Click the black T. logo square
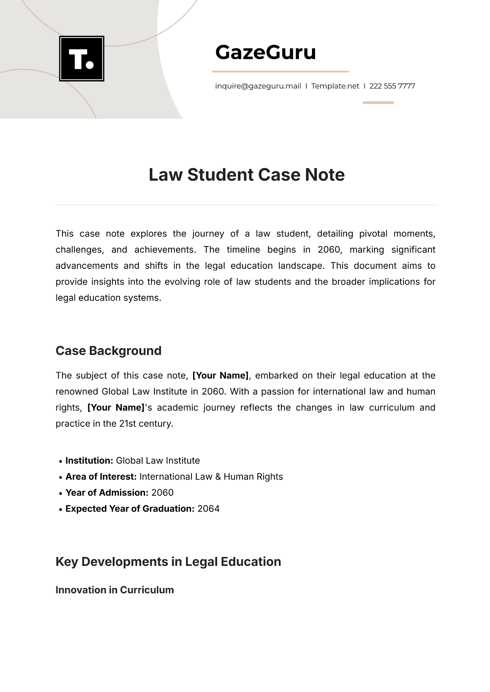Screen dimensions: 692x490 click(x=82, y=58)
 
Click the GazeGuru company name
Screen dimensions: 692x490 click(x=265, y=52)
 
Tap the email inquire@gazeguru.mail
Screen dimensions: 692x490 click(x=258, y=86)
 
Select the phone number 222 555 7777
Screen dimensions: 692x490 click(x=392, y=86)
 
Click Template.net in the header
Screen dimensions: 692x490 click(x=335, y=86)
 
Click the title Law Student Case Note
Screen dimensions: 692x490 click(x=247, y=175)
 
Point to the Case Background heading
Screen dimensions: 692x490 click(x=108, y=350)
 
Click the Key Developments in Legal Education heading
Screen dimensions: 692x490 click(x=168, y=561)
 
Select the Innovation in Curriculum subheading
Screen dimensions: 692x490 click(x=114, y=590)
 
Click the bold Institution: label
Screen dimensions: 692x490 click(x=89, y=461)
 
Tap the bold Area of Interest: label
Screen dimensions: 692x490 click(x=101, y=477)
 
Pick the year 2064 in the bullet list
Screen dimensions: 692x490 click(x=208, y=509)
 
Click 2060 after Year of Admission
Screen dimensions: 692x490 click(x=162, y=492)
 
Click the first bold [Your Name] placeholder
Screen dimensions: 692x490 click(x=220, y=375)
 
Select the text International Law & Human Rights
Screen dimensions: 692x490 click(x=211, y=477)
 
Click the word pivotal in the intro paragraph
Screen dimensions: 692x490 click(x=373, y=233)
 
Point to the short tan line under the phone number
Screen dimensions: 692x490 click(x=378, y=102)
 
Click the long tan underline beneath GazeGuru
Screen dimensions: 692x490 click(x=280, y=71)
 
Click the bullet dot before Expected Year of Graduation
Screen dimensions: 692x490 click(x=60, y=509)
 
